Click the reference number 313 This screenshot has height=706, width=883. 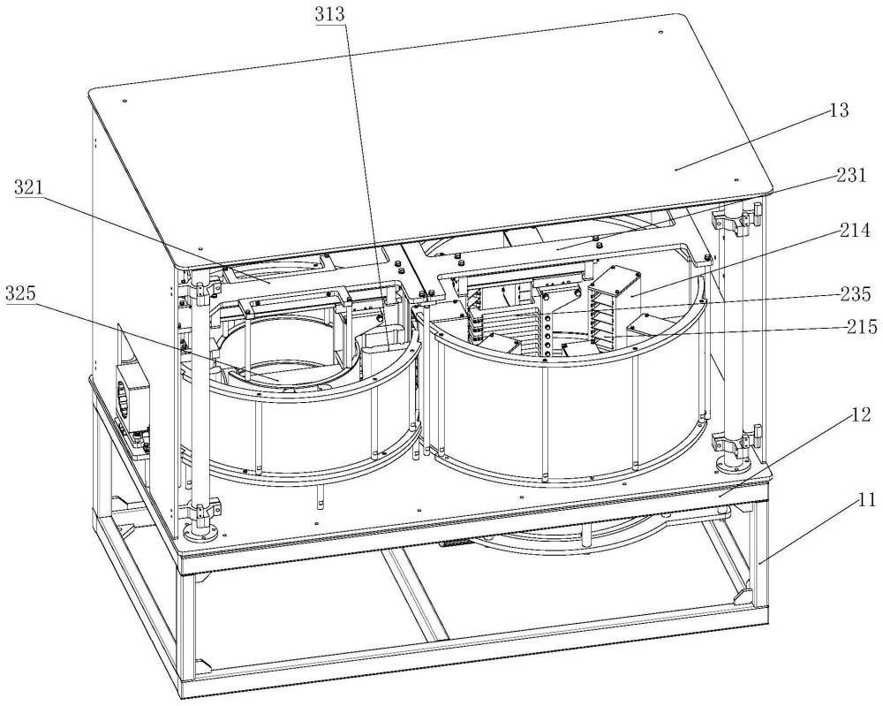point(330,14)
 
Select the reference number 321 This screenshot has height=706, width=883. point(28,187)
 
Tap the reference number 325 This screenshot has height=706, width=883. point(21,293)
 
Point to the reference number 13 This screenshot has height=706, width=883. point(839,110)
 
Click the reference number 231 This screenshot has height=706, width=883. point(851,176)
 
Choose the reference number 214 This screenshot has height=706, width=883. point(856,231)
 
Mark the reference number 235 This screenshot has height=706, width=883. point(856,294)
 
